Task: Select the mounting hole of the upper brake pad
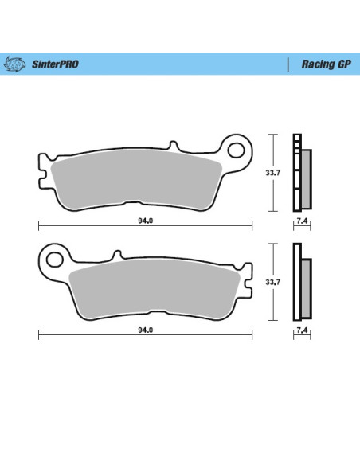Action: [x=236, y=148]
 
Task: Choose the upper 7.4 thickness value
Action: [x=301, y=221]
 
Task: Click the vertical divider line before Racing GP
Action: [x=287, y=64]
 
